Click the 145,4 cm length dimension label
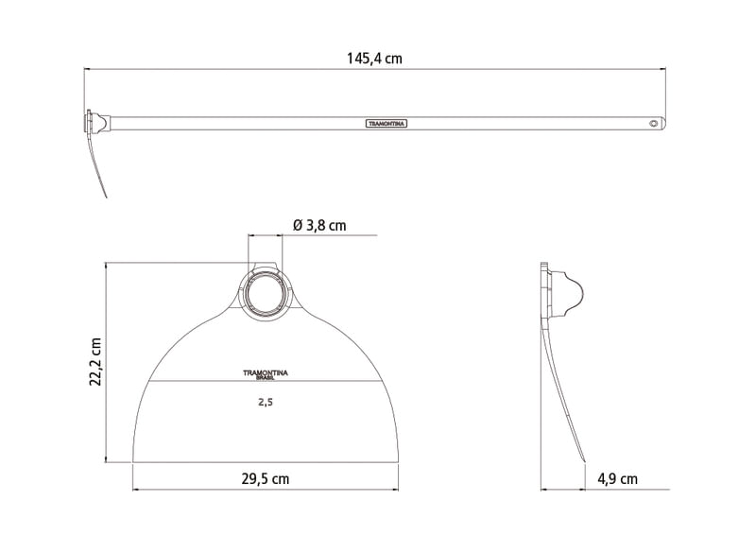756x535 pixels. (374, 59)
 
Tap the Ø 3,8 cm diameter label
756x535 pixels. (319, 225)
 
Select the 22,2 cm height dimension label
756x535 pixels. (95, 362)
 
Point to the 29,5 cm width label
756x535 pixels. (266, 479)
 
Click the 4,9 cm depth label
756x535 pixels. (617, 479)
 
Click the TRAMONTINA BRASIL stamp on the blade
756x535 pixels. (266, 375)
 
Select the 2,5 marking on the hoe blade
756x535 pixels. (266, 402)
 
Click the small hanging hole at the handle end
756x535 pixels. (653, 124)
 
